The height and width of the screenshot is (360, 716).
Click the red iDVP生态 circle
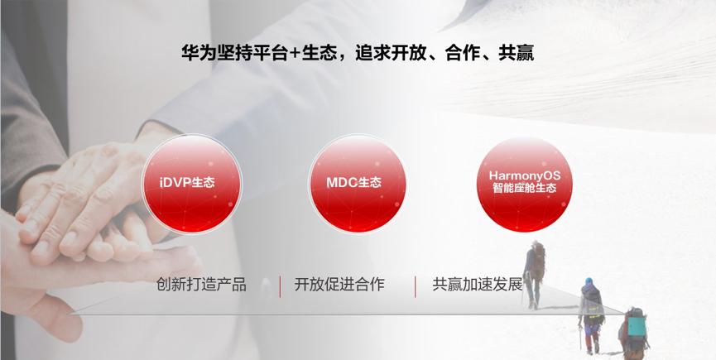[192, 184]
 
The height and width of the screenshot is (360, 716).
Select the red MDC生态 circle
[357, 184]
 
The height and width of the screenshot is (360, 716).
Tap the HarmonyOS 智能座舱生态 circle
[524, 184]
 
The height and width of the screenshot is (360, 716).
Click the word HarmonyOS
[524, 175]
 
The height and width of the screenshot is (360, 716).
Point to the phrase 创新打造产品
[201, 285]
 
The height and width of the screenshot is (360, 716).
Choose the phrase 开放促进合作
[339, 285]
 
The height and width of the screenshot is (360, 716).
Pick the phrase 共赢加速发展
[477, 285]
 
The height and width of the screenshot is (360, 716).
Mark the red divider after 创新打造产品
[280, 286]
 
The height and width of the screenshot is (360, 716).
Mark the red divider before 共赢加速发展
[415, 286]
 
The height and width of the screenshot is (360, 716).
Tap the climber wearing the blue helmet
[591, 314]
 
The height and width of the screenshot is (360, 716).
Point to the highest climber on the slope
[534, 275]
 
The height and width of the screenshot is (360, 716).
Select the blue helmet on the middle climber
[589, 281]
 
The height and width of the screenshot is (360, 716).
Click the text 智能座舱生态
[524, 188]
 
